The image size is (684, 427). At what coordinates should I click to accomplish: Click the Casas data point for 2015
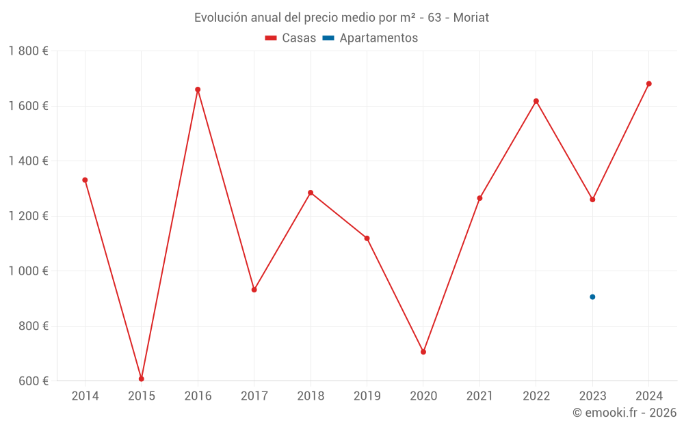point(142,378)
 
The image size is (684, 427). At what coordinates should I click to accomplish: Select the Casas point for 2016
point(198,89)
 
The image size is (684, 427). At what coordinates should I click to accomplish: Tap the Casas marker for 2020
point(423,352)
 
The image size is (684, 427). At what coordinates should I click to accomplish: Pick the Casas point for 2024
point(649,84)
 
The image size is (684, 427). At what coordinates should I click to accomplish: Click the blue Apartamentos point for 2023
point(592,297)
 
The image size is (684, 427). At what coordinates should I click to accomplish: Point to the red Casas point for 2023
point(592,199)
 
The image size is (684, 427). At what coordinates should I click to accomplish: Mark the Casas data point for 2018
point(311,193)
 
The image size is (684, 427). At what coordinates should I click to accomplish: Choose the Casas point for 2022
point(536,101)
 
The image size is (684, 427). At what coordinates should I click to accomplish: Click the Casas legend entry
point(291,38)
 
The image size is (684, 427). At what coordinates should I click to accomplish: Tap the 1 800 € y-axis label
point(28,51)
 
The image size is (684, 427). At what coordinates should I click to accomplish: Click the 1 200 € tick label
point(28,216)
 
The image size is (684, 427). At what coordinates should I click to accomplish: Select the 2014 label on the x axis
point(85,396)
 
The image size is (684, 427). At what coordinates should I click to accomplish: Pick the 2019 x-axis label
point(367,396)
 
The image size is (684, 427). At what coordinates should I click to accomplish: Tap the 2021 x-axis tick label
point(479,396)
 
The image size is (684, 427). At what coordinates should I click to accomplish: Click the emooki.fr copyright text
point(624,413)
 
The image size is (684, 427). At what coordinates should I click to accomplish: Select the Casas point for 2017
point(254,290)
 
